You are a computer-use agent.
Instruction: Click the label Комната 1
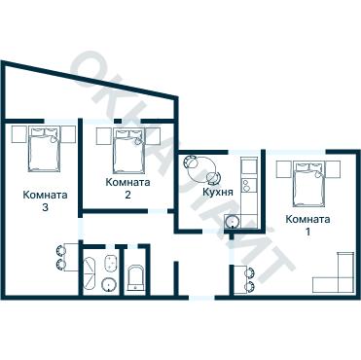coord(307,225)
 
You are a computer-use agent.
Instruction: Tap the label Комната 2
coord(127,188)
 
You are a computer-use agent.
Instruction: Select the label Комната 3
coord(45,201)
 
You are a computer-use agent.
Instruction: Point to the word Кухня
coord(218,192)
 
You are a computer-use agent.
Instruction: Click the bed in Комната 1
coord(308,184)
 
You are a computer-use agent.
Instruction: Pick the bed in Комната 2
coord(128,151)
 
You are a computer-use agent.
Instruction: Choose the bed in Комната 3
coord(44,149)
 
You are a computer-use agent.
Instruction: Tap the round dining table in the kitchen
coord(202,169)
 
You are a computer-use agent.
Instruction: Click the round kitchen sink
coord(233,222)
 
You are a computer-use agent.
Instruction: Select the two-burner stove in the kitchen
coord(249,185)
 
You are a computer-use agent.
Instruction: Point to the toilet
coord(136,277)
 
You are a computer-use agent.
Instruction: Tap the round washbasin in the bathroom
coord(109,285)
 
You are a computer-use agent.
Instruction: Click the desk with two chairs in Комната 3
coord(67,257)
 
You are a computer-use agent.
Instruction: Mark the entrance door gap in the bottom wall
coord(201,297)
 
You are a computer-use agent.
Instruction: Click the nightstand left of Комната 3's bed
coord(18,134)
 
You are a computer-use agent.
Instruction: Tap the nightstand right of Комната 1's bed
coord(333,169)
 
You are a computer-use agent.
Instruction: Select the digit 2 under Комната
coord(127,195)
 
